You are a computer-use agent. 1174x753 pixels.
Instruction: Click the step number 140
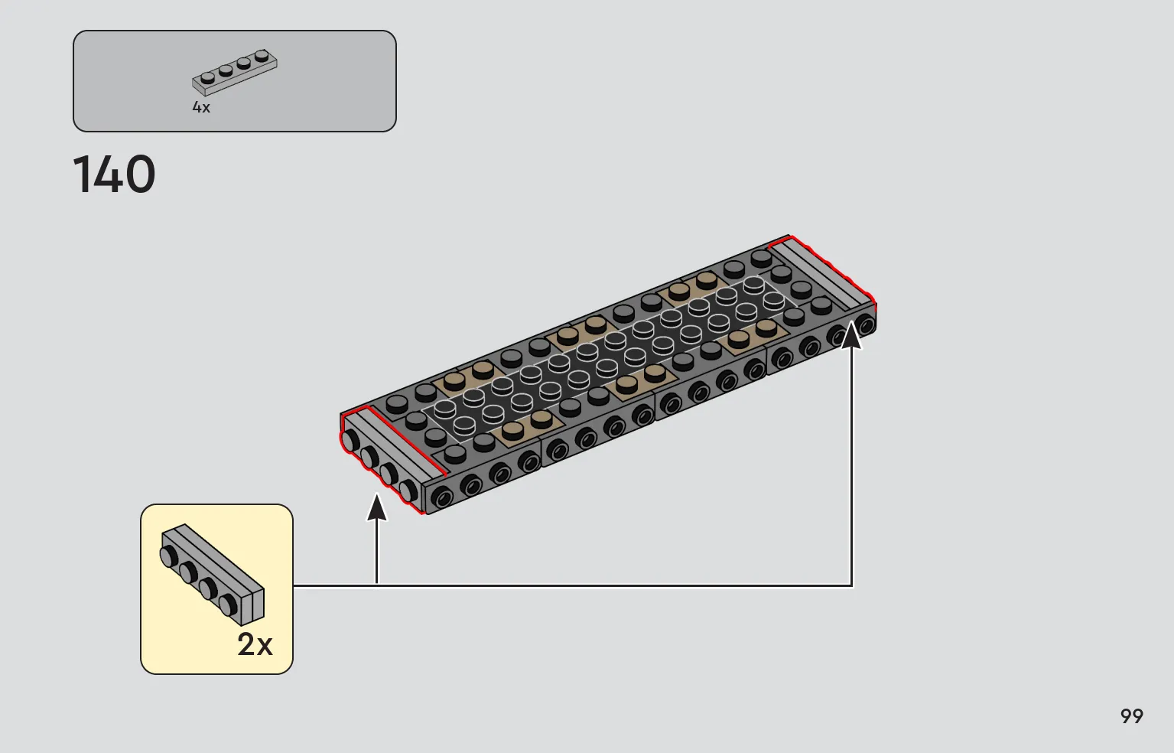(x=114, y=174)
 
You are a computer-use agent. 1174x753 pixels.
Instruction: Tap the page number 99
(x=1131, y=716)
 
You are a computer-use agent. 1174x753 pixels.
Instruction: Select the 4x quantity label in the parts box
(x=201, y=107)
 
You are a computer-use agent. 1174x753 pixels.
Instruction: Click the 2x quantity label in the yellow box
(x=255, y=644)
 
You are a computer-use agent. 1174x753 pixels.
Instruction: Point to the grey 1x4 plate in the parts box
(x=234, y=73)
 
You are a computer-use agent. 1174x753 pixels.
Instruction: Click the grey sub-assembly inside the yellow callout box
(x=213, y=575)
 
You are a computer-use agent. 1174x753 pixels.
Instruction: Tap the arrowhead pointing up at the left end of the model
(x=377, y=507)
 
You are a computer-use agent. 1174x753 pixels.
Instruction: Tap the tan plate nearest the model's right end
(x=753, y=334)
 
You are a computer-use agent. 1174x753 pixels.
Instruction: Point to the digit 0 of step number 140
(x=138, y=174)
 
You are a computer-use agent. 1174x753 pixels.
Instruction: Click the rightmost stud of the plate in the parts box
(x=262, y=56)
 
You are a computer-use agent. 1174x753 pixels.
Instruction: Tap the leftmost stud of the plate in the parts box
(x=207, y=78)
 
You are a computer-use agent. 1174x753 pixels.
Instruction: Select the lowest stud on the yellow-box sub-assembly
(x=228, y=605)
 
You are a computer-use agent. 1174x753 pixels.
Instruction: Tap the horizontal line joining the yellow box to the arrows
(x=572, y=585)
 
